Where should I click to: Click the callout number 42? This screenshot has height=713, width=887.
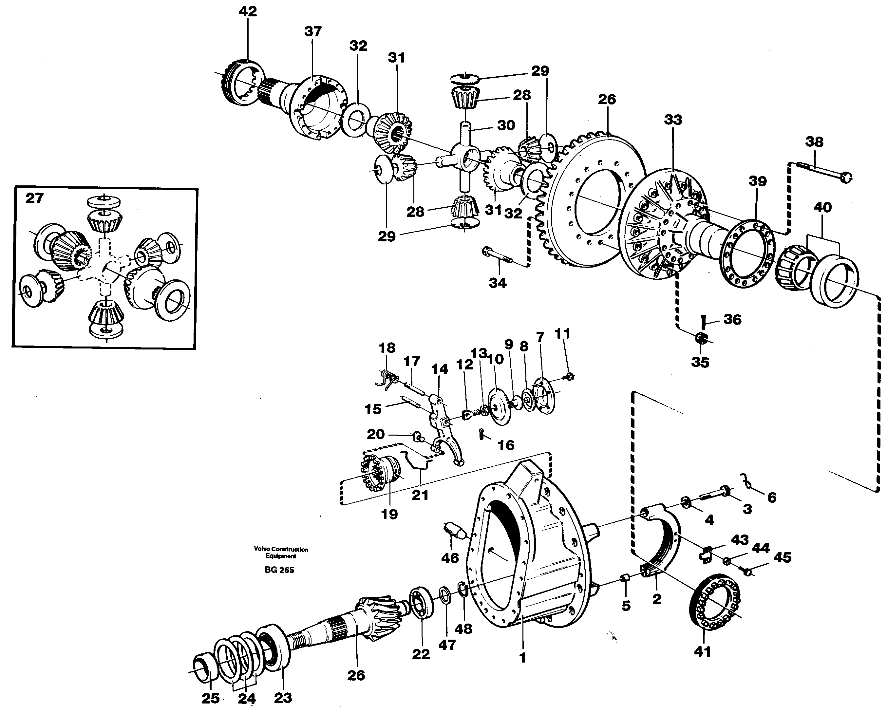click(x=248, y=11)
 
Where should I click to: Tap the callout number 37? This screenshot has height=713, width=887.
click(x=313, y=31)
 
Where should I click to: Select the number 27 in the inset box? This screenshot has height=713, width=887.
click(x=35, y=198)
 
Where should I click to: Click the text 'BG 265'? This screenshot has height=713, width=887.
click(x=279, y=570)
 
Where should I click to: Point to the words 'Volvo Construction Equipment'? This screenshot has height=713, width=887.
click(x=281, y=553)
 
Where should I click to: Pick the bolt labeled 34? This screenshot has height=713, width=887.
click(x=498, y=260)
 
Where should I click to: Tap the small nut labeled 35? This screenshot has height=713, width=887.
click(x=701, y=338)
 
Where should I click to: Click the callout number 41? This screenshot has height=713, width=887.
click(x=702, y=652)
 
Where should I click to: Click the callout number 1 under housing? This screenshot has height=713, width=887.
click(x=522, y=658)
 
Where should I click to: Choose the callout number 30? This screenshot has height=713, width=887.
click(x=506, y=125)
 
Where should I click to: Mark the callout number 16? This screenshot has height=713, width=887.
click(x=506, y=445)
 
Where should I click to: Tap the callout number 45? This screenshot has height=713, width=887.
click(x=782, y=557)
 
